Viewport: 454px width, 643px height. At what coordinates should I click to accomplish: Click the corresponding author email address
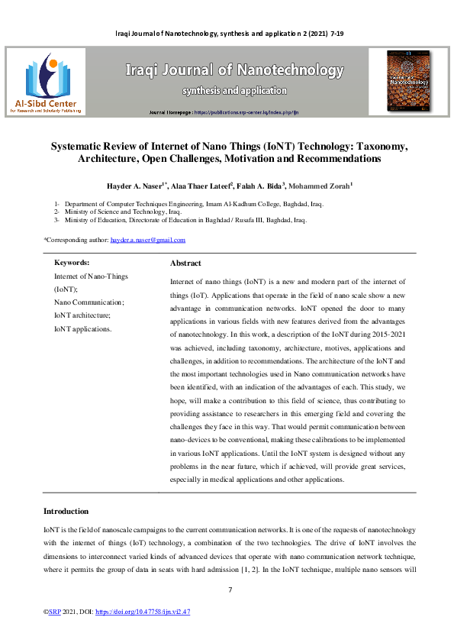147,240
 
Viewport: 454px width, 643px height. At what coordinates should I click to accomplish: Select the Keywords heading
72,262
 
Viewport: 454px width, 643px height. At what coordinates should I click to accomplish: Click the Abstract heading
185,263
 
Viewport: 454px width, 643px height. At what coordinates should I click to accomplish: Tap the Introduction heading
66,511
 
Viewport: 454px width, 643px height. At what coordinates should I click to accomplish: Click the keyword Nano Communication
83,302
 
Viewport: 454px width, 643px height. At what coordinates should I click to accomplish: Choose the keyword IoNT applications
82,328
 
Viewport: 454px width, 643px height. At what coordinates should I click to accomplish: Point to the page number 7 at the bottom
230,590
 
